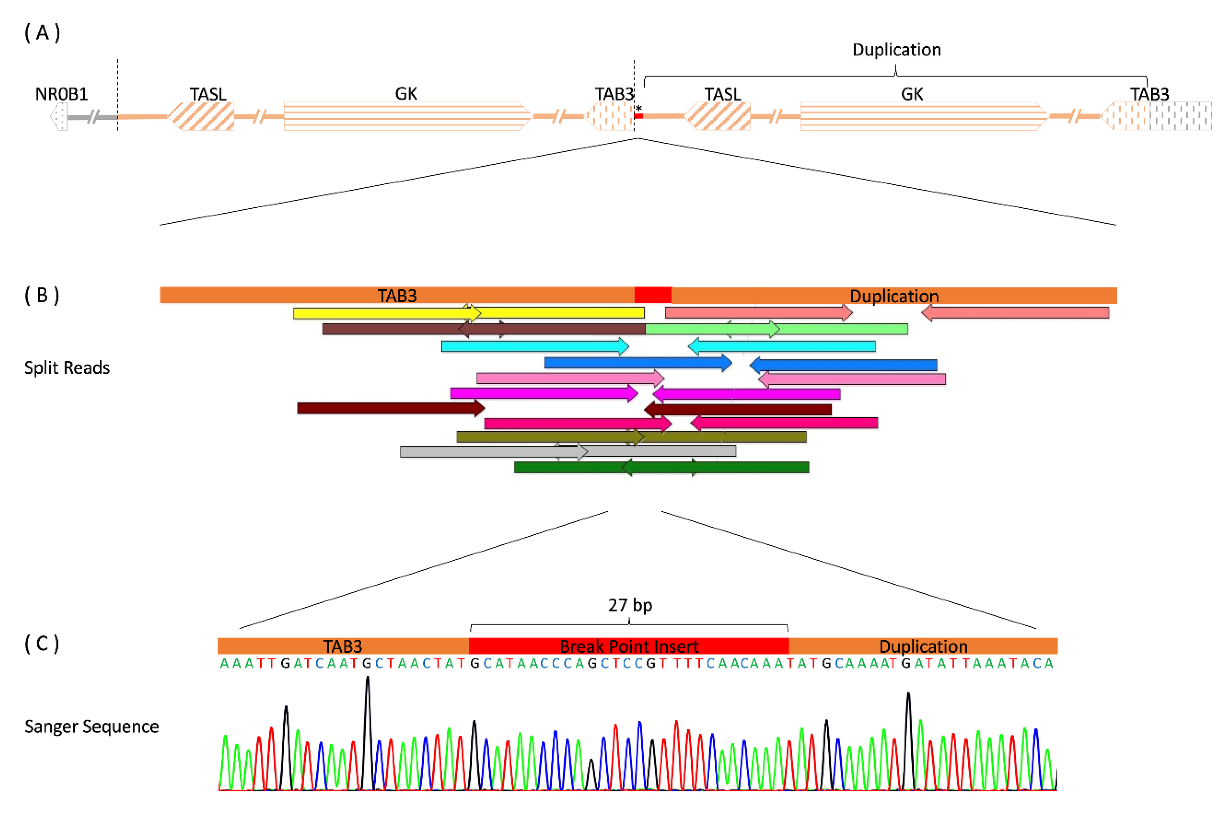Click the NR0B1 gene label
coord(62,94)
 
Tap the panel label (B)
coord(42,295)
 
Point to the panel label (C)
coord(42,643)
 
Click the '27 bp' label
coord(630,605)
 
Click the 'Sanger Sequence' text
coord(92,726)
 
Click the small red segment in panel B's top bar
coord(653,295)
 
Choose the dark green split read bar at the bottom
coord(661,467)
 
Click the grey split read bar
coord(567,451)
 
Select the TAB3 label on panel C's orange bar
coord(342,646)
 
